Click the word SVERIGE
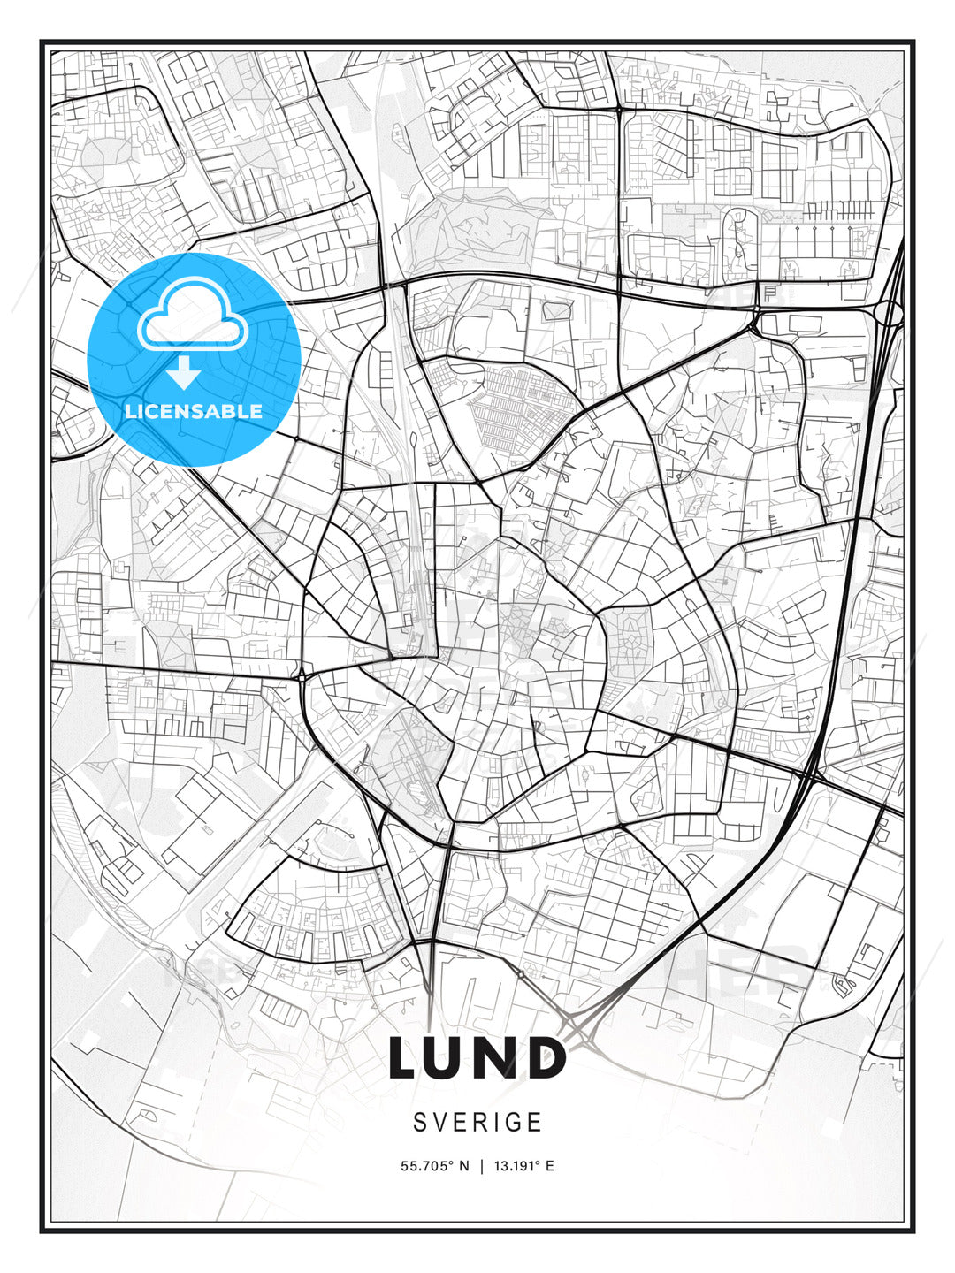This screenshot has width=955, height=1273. pos(477,1122)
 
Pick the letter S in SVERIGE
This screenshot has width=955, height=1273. pos(419,1122)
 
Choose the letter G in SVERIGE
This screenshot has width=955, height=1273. pos(516,1122)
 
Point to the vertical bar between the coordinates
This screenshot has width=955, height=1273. pos(481,1166)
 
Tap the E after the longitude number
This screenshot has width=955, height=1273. pos(549,1166)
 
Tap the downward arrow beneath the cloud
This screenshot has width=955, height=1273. pos(184,374)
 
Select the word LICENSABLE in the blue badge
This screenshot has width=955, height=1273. pos(194,411)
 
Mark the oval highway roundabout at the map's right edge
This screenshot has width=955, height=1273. pos(889,312)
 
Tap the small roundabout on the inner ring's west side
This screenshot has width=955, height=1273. pos(302,676)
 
